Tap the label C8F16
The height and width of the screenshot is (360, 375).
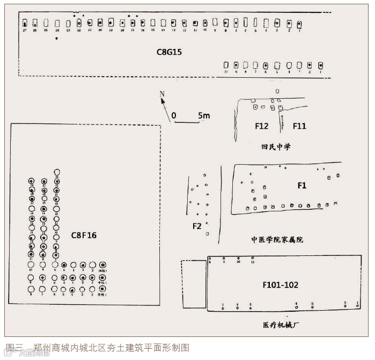click(84, 235)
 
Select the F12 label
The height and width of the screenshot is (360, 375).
click(261, 126)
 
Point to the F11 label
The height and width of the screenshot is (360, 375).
click(299, 126)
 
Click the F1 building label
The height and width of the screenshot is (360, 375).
click(302, 185)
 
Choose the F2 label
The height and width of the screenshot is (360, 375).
click(197, 226)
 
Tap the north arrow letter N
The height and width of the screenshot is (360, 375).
click(162, 94)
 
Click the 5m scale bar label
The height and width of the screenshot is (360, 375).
click(204, 115)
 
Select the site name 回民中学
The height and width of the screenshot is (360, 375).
click(276, 146)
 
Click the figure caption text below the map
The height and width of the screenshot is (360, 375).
click(97, 347)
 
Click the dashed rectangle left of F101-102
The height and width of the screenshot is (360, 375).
click(194, 284)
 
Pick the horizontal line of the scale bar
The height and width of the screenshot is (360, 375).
click(187, 122)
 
